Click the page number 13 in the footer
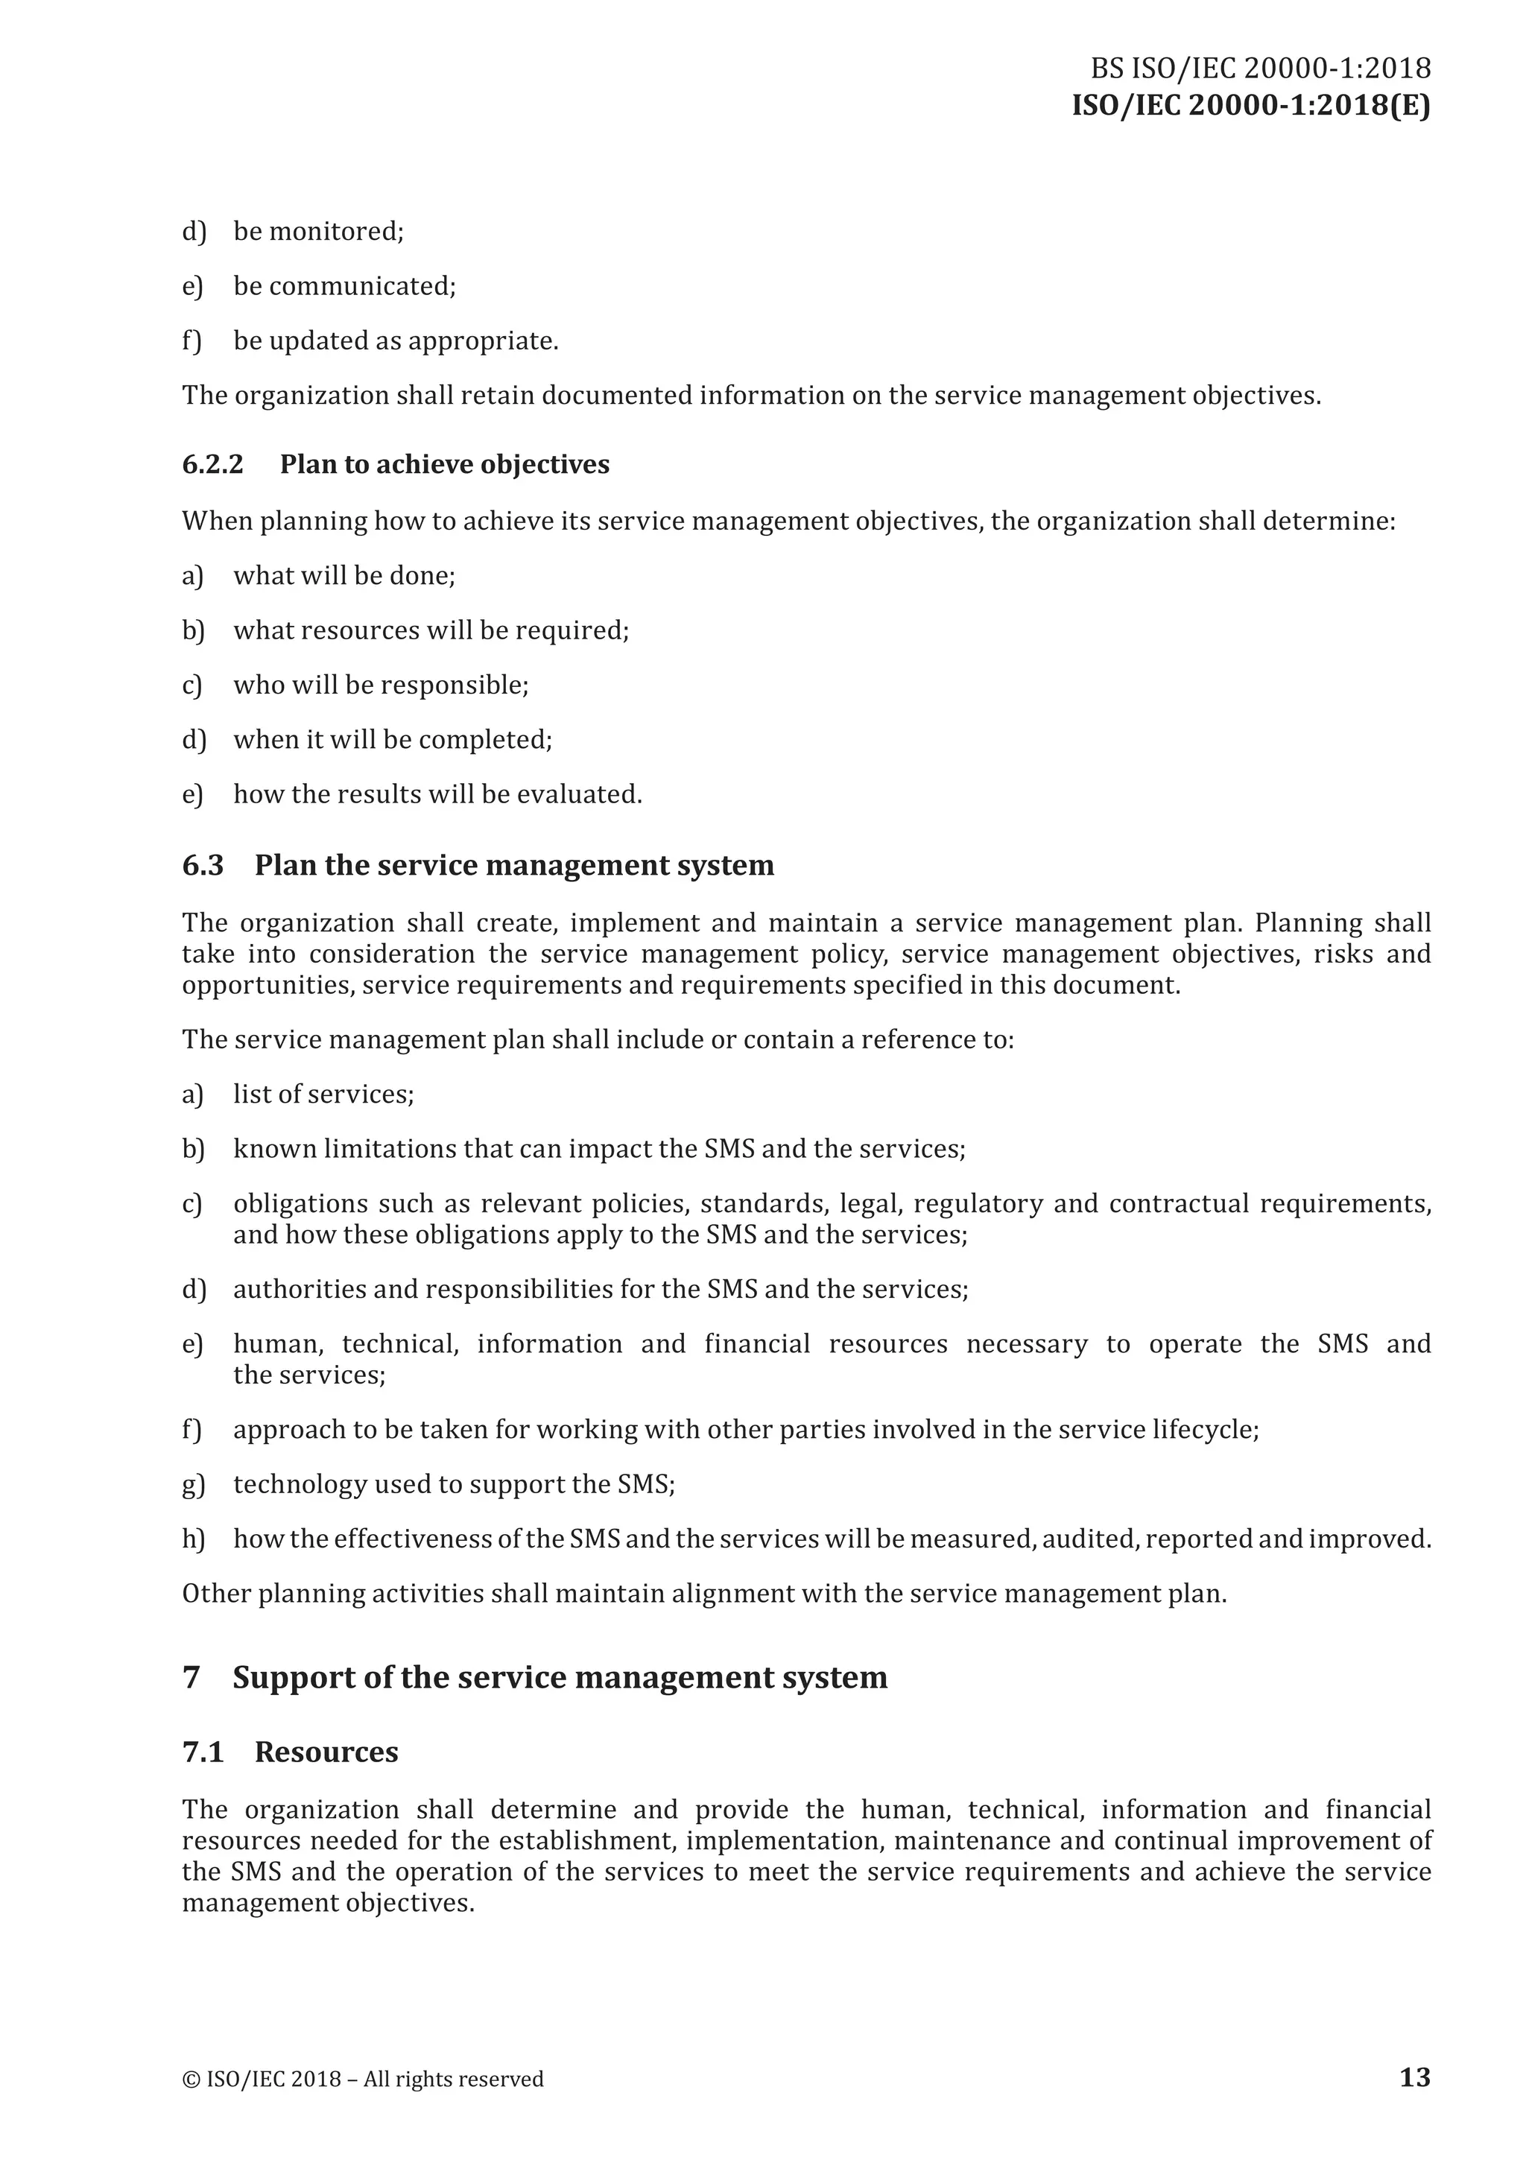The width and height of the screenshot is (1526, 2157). click(1414, 2077)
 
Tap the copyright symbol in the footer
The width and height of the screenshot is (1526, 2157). click(190, 2079)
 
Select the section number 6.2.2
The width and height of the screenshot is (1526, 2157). click(212, 464)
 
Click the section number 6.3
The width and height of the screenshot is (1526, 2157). click(203, 865)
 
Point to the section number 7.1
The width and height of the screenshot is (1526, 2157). click(203, 1752)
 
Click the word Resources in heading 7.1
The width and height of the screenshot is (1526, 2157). click(326, 1752)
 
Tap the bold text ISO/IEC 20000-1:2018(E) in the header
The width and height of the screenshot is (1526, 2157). click(1251, 106)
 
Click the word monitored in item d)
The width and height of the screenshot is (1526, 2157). click(335, 231)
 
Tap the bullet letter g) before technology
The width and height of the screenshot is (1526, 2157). click(193, 1484)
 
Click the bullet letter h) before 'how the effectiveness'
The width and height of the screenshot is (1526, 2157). click(193, 1539)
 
